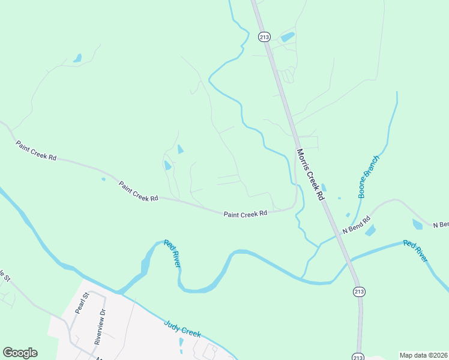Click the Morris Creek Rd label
pos(310,175)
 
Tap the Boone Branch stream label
pos(369,177)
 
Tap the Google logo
pos(20,353)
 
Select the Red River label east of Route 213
pos(415,250)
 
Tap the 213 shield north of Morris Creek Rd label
pos(264,37)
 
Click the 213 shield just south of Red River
pos(358,292)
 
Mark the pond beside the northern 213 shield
pos(288,37)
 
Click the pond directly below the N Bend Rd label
pos(370,230)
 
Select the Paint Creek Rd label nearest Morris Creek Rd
pos(245,213)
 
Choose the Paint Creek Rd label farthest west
pos(36,150)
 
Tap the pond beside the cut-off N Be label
pos(417,224)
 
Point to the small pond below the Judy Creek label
pos(181,343)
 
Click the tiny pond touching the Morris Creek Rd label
pos(324,188)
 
